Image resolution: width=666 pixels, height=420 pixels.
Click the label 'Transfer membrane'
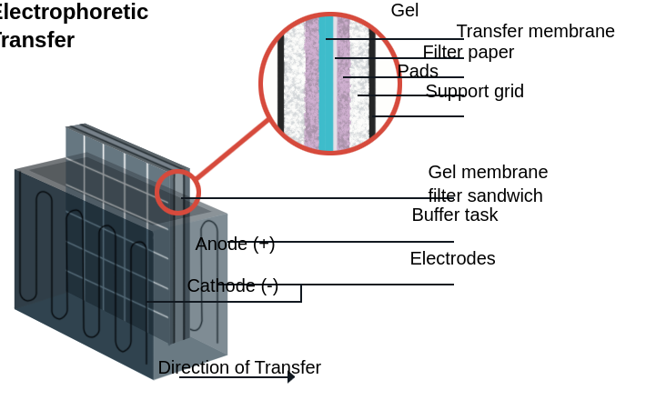[x=535, y=31]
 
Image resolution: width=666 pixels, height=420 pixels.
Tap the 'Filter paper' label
[x=468, y=52]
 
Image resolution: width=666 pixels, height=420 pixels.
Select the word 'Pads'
[x=418, y=71]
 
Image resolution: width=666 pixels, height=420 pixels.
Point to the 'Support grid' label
[x=474, y=91]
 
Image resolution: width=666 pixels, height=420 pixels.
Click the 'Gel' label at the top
[x=405, y=11]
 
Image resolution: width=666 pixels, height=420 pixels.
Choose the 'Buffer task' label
[x=454, y=215]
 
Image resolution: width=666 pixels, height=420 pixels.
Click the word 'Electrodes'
[x=452, y=258]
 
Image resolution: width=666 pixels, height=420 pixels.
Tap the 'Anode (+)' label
[x=235, y=244]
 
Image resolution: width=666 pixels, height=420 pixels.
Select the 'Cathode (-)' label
[x=232, y=285]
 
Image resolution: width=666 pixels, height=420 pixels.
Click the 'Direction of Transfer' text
[x=239, y=367]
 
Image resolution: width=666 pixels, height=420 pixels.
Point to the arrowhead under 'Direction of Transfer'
[x=291, y=376]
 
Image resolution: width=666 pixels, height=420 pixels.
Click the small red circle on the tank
[x=177, y=192]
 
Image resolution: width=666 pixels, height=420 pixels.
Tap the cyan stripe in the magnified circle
[x=326, y=84]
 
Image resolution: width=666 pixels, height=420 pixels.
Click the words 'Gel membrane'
[x=488, y=172]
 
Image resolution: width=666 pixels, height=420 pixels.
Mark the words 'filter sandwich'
[x=485, y=195]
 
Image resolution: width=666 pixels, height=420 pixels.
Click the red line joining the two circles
[x=232, y=149]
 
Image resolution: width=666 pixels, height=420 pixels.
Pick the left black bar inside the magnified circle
[x=281, y=84]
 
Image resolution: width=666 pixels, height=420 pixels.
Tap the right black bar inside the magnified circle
[x=372, y=84]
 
